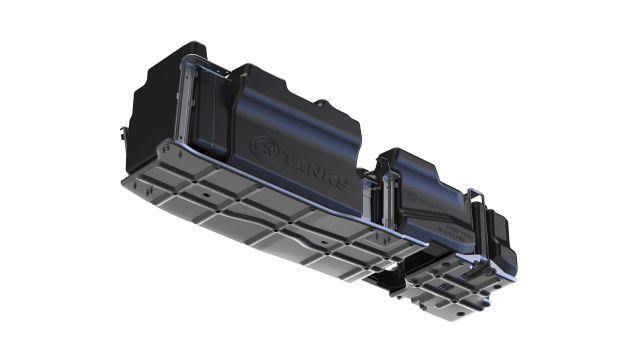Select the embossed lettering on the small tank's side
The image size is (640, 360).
(x=460, y=233)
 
